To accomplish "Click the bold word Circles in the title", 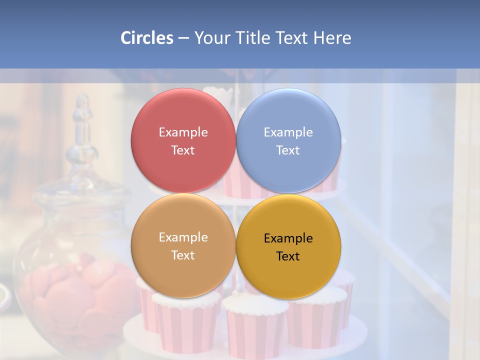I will pos(147,38).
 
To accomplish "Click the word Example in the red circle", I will pos(183,132).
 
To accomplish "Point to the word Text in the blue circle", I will pos(288,150).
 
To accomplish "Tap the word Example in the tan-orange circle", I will pos(183,237).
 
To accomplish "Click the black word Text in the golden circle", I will pos(288,256).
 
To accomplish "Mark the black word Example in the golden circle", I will pos(288,238).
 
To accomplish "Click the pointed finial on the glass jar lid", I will pos(82,107).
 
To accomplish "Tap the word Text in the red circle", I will pos(183,150).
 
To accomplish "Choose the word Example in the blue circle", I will pos(288,132).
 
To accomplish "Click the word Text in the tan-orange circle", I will pos(183,255).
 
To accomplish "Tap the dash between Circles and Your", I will pos(183,38).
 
